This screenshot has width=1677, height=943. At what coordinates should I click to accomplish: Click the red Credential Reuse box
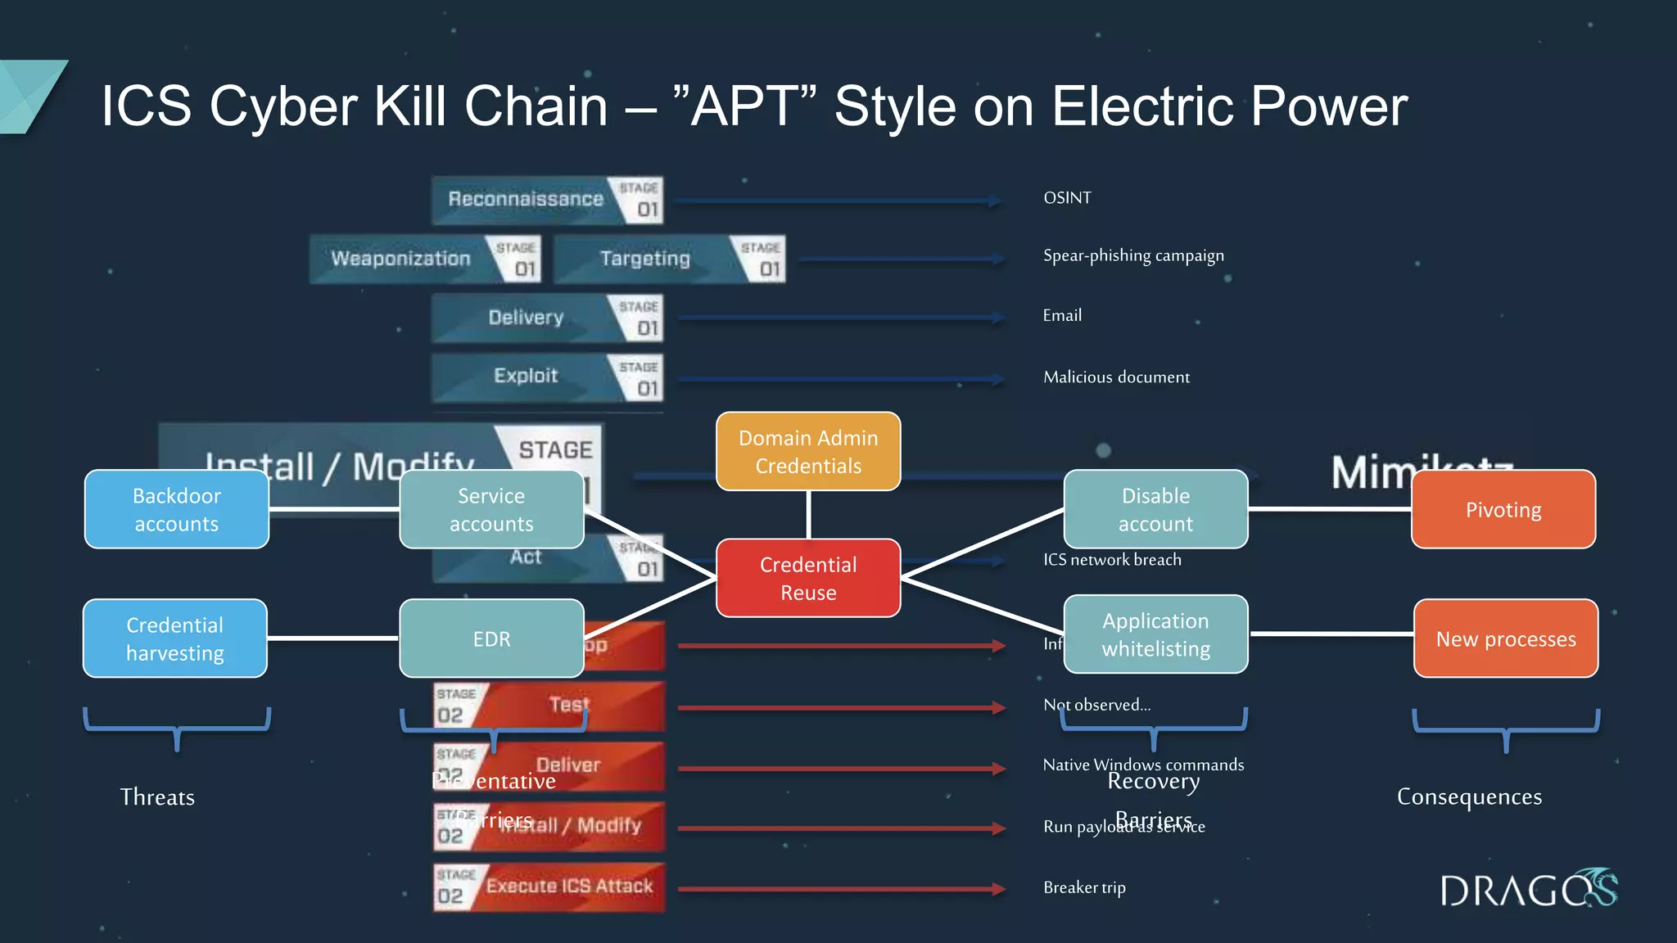pos(808,578)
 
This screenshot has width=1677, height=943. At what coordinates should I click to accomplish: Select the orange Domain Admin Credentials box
pos(808,452)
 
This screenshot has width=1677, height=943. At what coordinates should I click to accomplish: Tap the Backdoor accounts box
pos(177,509)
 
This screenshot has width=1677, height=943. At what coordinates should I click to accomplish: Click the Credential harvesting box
pos(175,638)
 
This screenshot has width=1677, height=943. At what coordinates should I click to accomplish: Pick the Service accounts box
pos(491,509)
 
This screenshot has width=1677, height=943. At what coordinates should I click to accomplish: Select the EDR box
pos(491,638)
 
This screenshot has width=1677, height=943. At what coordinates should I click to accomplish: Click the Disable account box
pos(1155,509)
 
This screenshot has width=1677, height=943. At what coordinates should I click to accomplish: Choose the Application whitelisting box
pos(1155,634)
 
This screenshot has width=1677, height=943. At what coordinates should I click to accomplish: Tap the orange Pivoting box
pos(1503,509)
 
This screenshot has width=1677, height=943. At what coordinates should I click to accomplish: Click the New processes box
pos(1505,638)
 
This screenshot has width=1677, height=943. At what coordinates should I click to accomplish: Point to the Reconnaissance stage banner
pos(547,200)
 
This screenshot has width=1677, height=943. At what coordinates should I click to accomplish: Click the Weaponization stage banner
pos(424,259)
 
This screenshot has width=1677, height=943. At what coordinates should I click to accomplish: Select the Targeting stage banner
pos(668,259)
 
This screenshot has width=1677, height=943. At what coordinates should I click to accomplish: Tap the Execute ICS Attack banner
pos(549,887)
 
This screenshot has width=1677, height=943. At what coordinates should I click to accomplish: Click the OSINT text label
pos(1067,198)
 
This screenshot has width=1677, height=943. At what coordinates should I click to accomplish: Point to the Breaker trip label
pos(1084,887)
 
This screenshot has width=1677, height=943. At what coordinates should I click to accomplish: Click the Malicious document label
pos(1116,377)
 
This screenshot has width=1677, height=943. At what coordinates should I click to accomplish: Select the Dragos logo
pos(1528,889)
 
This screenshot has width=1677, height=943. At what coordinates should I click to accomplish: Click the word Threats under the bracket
pos(157,797)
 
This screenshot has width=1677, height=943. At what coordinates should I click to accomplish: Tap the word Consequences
pos(1469,796)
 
